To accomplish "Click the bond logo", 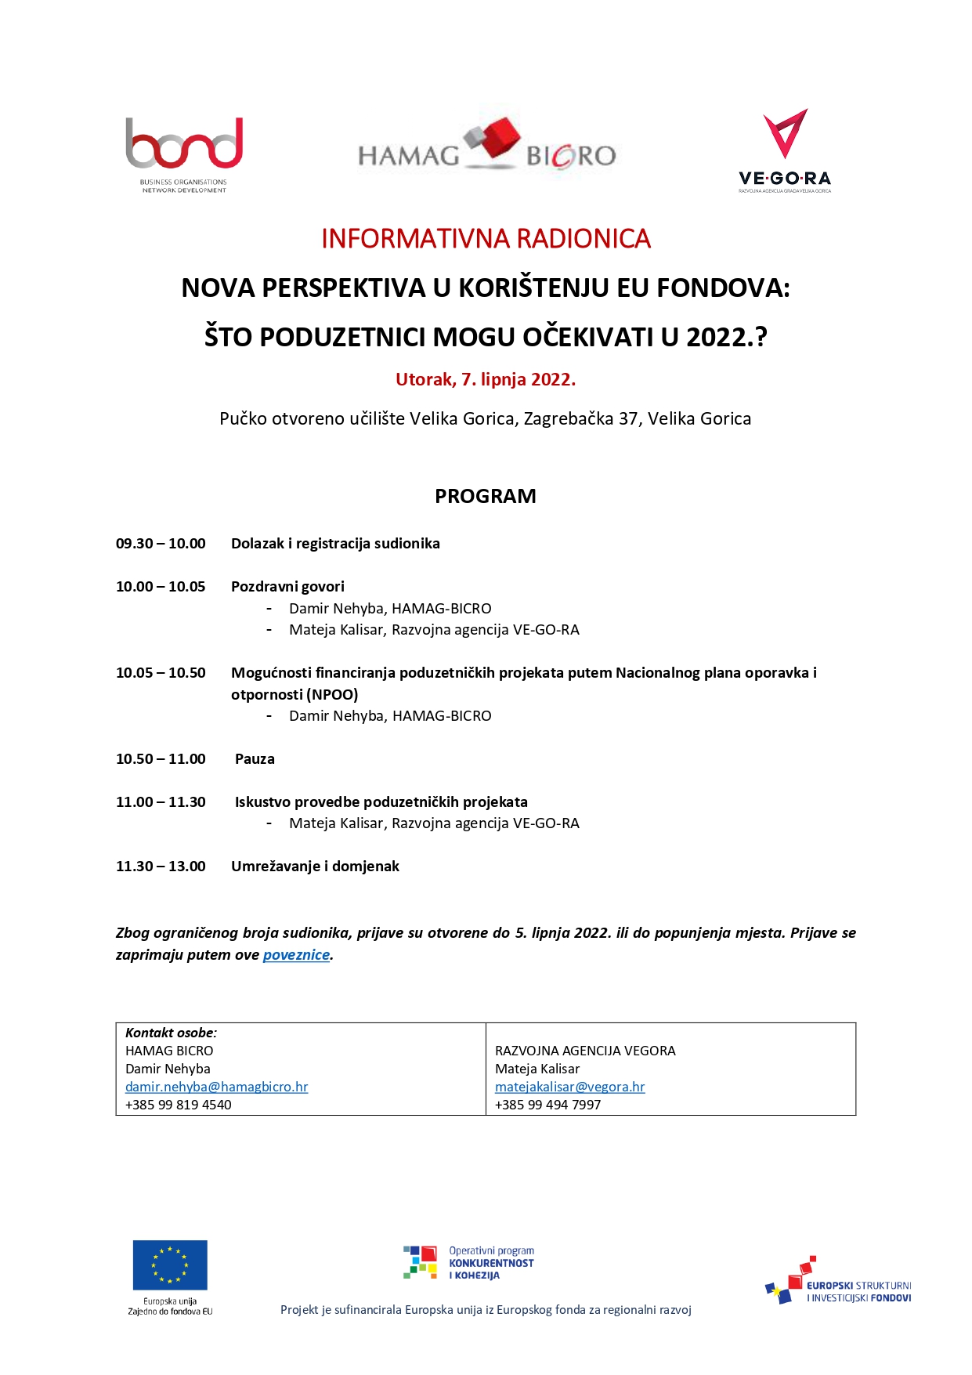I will pos(184,154).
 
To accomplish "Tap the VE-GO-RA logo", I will pos(785,150).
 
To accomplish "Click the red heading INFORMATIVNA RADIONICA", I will pos(486,238).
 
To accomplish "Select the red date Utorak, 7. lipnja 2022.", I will pos(486,379).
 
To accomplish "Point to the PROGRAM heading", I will pos(486,496).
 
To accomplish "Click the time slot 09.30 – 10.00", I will pos(161,544).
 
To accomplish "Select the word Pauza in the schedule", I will pos(255,759).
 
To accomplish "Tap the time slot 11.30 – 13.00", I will pos(161,867).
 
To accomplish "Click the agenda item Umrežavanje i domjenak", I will pos(315,867).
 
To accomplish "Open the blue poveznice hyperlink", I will pos(296,955).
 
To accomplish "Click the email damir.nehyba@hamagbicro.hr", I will pos(216,1087).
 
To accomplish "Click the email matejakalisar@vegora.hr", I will pos(569,1087).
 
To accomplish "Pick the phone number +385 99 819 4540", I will pos(179,1105).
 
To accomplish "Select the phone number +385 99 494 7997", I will pos(547,1105).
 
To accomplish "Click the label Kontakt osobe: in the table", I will pos(171,1033).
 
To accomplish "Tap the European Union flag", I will pos(170,1265).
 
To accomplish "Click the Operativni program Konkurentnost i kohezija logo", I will pos(468,1263).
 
